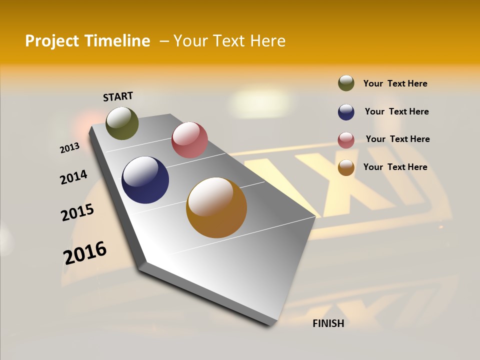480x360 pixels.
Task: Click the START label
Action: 118,96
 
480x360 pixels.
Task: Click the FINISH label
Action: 328,323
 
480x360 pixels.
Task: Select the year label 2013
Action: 69,148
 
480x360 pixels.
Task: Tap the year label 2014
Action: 73,177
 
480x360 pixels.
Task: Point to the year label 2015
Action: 77,212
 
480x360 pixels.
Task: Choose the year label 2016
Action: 85,252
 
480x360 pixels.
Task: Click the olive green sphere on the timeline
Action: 122,123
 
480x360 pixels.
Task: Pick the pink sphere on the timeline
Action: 189,140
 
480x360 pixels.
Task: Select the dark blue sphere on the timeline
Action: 145,180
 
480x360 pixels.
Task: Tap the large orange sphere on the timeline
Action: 216,207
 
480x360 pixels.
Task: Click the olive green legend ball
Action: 346,83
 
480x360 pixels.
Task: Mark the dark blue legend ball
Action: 346,112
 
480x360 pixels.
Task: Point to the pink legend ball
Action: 346,140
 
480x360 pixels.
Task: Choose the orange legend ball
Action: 346,167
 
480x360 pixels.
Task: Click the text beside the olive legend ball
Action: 395,83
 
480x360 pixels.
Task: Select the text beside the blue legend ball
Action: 396,111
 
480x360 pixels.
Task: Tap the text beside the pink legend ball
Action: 397,139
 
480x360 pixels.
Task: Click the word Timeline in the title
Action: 118,41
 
